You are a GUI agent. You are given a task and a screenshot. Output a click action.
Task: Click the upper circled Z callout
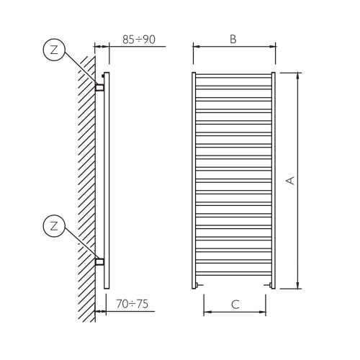pyautogui.click(x=54, y=50)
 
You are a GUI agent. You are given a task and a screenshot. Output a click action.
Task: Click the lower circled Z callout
pyautogui.click(x=54, y=226)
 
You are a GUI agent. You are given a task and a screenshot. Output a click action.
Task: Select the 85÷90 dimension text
pyautogui.click(x=139, y=40)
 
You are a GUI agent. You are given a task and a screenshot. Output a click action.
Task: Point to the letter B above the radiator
pyautogui.click(x=233, y=40)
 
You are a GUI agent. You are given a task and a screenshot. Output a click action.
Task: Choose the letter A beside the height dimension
pyautogui.click(x=290, y=181)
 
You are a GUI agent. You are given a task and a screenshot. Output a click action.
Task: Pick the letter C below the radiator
pyautogui.click(x=235, y=304)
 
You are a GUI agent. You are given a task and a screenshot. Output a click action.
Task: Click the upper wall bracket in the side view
pyautogui.click(x=100, y=87)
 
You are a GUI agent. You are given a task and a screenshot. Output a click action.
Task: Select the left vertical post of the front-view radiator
pyautogui.click(x=194, y=180)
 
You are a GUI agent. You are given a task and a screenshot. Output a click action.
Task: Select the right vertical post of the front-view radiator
pyautogui.click(x=273, y=180)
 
